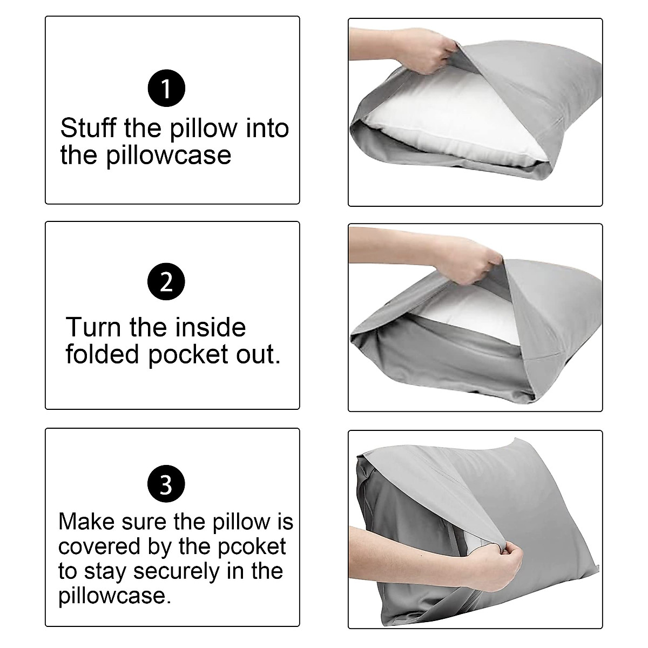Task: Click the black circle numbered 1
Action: (166, 88)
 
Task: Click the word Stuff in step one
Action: (88, 129)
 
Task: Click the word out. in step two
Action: (257, 355)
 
